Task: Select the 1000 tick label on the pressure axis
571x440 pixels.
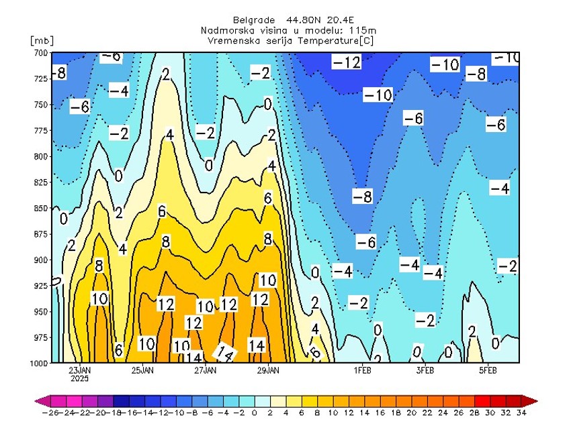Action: (x=38, y=363)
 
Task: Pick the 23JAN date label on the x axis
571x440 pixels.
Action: (x=80, y=370)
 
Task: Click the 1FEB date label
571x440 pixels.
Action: (x=363, y=370)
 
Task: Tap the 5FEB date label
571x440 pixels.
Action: (x=488, y=370)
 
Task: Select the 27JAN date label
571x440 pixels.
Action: (x=205, y=370)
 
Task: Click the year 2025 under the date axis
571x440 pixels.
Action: (x=80, y=378)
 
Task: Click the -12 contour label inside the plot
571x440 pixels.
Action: (x=347, y=62)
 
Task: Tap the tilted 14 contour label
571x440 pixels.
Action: (x=225, y=351)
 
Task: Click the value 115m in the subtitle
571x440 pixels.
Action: (x=363, y=30)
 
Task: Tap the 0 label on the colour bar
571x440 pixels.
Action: (x=254, y=412)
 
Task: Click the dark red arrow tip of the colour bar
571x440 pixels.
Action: (x=532, y=400)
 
